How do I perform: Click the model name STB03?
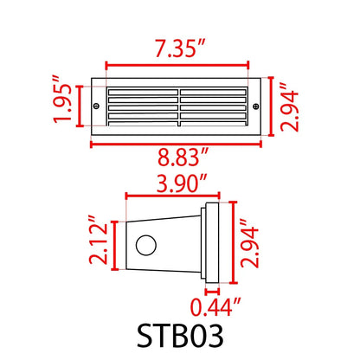pyautogui.click(x=180, y=337)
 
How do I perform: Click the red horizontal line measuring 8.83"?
pyautogui.click(x=179, y=143)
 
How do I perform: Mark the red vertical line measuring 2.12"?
pyautogui.click(x=117, y=244)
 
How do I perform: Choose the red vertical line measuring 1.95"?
pyautogui.click(x=77, y=105)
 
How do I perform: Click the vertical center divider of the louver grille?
pyautogui.click(x=180, y=105)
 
